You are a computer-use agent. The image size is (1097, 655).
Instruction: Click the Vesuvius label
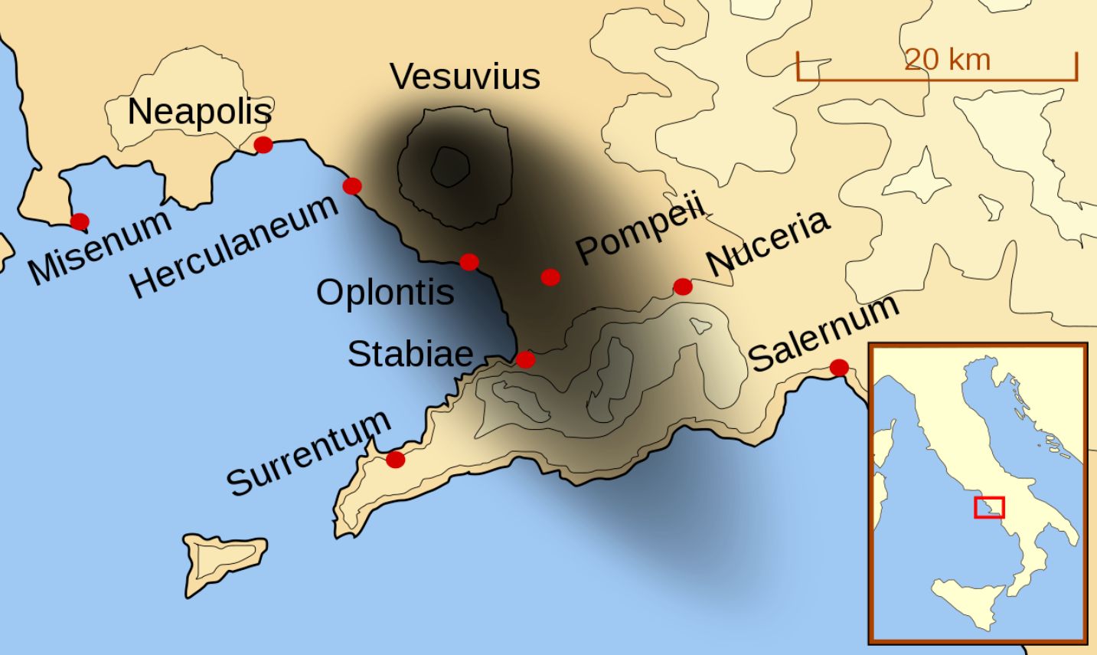[x=465, y=77]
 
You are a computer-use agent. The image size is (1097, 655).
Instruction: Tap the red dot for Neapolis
[x=263, y=145]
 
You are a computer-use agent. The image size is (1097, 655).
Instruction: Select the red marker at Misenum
[x=80, y=221]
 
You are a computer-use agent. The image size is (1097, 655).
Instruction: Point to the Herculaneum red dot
[x=352, y=185]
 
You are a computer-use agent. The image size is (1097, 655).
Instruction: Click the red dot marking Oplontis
[x=469, y=262]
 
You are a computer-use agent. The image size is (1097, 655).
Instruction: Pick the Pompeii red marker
[x=550, y=277]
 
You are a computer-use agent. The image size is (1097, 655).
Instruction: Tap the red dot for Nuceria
[x=683, y=287]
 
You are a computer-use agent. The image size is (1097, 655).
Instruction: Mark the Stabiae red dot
[x=525, y=359]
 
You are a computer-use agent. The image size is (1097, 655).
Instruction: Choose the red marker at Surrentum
[x=395, y=460]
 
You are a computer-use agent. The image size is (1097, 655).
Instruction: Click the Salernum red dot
[x=839, y=368]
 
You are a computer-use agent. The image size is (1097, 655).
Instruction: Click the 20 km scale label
[x=947, y=60]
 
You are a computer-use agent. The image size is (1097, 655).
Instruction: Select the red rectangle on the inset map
[x=989, y=507]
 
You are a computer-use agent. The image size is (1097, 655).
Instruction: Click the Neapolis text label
[x=199, y=112]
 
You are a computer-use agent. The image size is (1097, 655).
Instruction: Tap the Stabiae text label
[x=410, y=354]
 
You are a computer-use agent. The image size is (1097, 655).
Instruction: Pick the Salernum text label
[x=824, y=332]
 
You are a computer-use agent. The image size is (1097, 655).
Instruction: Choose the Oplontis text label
[x=385, y=293]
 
